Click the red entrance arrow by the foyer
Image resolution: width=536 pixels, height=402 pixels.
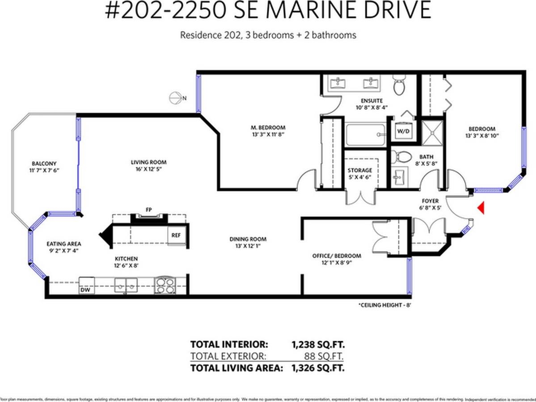click(x=481, y=208)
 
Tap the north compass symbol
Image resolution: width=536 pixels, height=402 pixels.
click(x=175, y=98)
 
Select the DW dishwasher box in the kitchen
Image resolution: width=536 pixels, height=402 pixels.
click(x=85, y=289)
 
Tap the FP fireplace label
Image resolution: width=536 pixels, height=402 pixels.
click(x=148, y=209)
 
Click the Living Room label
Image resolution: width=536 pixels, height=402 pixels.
click(x=148, y=162)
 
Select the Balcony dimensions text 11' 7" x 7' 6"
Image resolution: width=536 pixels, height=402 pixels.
click(x=44, y=170)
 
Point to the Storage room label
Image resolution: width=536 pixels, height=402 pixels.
click(x=360, y=170)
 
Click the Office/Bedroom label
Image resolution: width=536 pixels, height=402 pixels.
click(x=336, y=255)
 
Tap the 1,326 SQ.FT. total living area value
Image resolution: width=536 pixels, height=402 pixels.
click(x=318, y=368)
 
